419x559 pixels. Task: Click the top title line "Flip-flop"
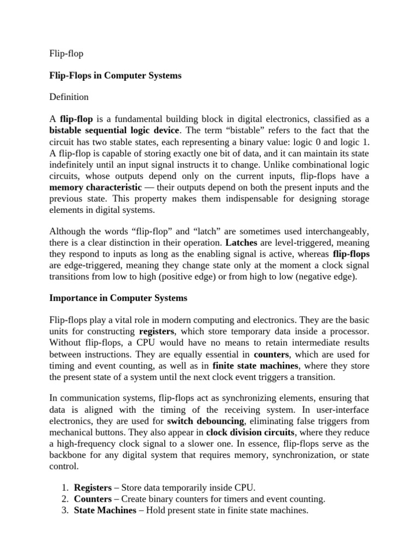[66, 55]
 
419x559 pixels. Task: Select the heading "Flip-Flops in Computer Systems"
[115, 76]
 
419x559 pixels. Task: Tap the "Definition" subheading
[69, 97]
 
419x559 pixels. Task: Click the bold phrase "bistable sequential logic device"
[113, 130]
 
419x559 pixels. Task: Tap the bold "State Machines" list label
[105, 510]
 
